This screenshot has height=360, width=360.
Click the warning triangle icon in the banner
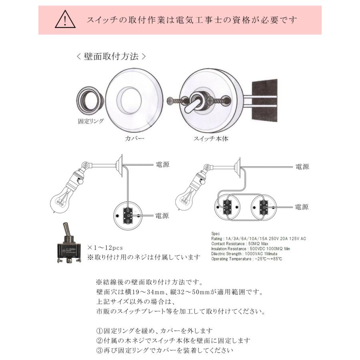click(65, 20)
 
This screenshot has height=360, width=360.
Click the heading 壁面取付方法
click(111, 56)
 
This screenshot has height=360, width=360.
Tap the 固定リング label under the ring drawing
click(91, 121)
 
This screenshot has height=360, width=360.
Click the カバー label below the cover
click(135, 138)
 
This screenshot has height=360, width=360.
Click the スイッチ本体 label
click(211, 139)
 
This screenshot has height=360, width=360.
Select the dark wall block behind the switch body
click(265, 101)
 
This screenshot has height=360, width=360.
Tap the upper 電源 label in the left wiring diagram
click(162, 165)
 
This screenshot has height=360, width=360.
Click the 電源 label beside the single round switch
click(162, 216)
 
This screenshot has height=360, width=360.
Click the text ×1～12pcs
click(105, 248)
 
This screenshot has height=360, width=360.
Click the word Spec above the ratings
click(216, 234)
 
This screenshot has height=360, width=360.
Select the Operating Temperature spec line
click(246, 259)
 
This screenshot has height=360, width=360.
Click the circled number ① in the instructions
click(99, 331)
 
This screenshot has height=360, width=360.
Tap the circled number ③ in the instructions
click(99, 350)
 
